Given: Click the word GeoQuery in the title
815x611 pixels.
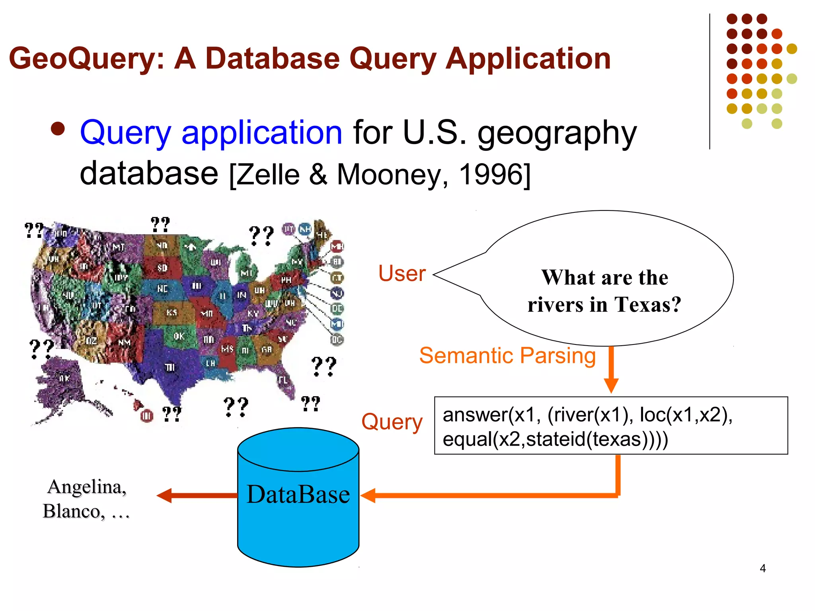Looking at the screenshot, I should point(87,59).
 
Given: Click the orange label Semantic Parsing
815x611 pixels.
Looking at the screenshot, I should point(507,355).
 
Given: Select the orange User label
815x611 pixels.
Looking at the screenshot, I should point(402,273).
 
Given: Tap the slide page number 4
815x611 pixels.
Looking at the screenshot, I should point(762,568).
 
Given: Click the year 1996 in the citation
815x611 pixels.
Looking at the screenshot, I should point(492,174).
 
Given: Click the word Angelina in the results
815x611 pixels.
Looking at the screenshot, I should point(87,486).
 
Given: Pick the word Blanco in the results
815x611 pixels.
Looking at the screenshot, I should point(74,511).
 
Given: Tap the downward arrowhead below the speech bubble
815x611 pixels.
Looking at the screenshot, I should point(611,385).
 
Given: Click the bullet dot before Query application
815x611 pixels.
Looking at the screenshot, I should point(58,129).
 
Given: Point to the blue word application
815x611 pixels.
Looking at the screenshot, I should point(261,132).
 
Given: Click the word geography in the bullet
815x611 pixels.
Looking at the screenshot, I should point(557,133).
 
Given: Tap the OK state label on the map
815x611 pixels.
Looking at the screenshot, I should point(179,336).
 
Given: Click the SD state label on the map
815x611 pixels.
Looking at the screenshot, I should point(162,268).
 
